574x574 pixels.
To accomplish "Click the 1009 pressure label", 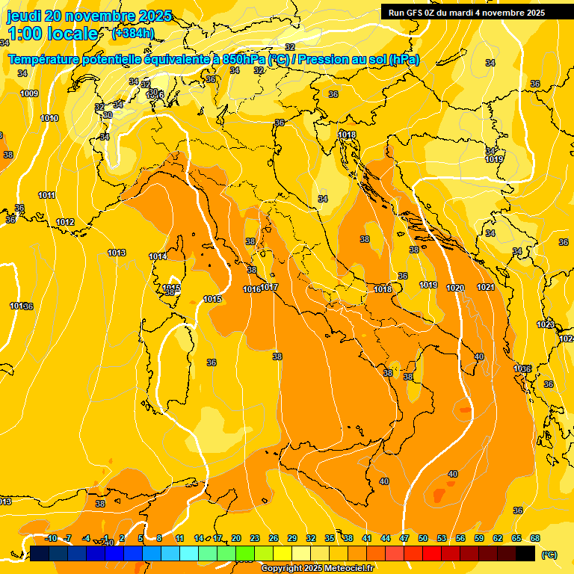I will click(x=30, y=93).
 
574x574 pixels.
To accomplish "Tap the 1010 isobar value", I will click(x=49, y=118).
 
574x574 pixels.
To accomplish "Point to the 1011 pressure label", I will click(x=47, y=195).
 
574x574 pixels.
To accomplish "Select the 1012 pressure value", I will click(x=65, y=222).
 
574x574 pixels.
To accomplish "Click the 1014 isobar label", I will click(x=158, y=256).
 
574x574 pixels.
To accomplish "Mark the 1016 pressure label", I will click(x=252, y=289).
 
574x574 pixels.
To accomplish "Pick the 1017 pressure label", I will click(x=270, y=287).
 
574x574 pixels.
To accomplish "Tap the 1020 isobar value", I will click(x=455, y=288).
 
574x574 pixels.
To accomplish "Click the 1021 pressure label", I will click(x=486, y=287).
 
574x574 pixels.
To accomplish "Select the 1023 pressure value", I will click(x=546, y=324).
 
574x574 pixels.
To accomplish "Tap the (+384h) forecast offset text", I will click(x=133, y=33).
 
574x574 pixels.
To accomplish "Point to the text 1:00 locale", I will click(x=53, y=34).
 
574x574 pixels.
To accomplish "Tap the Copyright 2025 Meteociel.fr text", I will click(x=318, y=568).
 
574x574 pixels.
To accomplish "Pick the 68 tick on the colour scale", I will click(x=535, y=538).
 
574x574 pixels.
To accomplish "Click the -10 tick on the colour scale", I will click(x=51, y=538).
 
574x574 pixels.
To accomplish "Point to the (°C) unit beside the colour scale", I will click(x=549, y=554).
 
